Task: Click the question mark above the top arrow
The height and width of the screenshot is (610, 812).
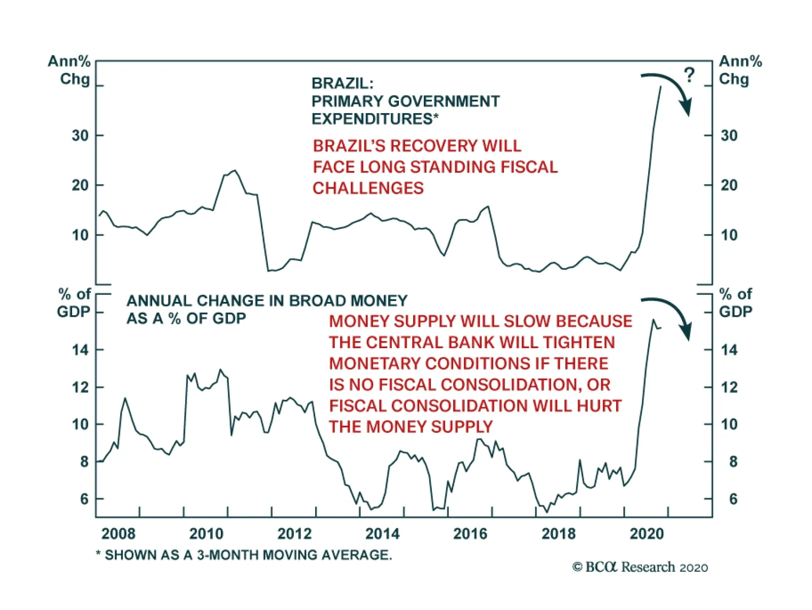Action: click(689, 75)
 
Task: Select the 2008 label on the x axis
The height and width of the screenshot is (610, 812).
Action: click(118, 534)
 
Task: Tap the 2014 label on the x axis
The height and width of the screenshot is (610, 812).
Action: click(382, 534)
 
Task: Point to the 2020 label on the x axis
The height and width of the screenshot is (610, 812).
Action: click(647, 534)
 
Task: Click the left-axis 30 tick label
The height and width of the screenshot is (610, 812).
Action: click(80, 135)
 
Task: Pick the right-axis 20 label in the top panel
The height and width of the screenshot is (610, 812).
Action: click(729, 185)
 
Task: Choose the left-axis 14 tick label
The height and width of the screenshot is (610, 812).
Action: click(80, 350)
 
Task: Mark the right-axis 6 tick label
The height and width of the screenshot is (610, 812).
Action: click(733, 499)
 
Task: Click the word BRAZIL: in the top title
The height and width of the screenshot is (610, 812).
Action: click(342, 83)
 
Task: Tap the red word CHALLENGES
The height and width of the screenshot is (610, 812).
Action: click(368, 188)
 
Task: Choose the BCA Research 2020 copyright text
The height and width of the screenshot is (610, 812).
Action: click(640, 567)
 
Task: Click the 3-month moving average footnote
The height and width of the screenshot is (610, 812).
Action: click(244, 555)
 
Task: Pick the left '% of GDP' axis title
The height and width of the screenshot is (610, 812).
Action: click(74, 303)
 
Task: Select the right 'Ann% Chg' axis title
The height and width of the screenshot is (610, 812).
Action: click(740, 70)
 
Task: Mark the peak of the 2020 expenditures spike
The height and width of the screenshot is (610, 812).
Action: click(660, 87)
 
